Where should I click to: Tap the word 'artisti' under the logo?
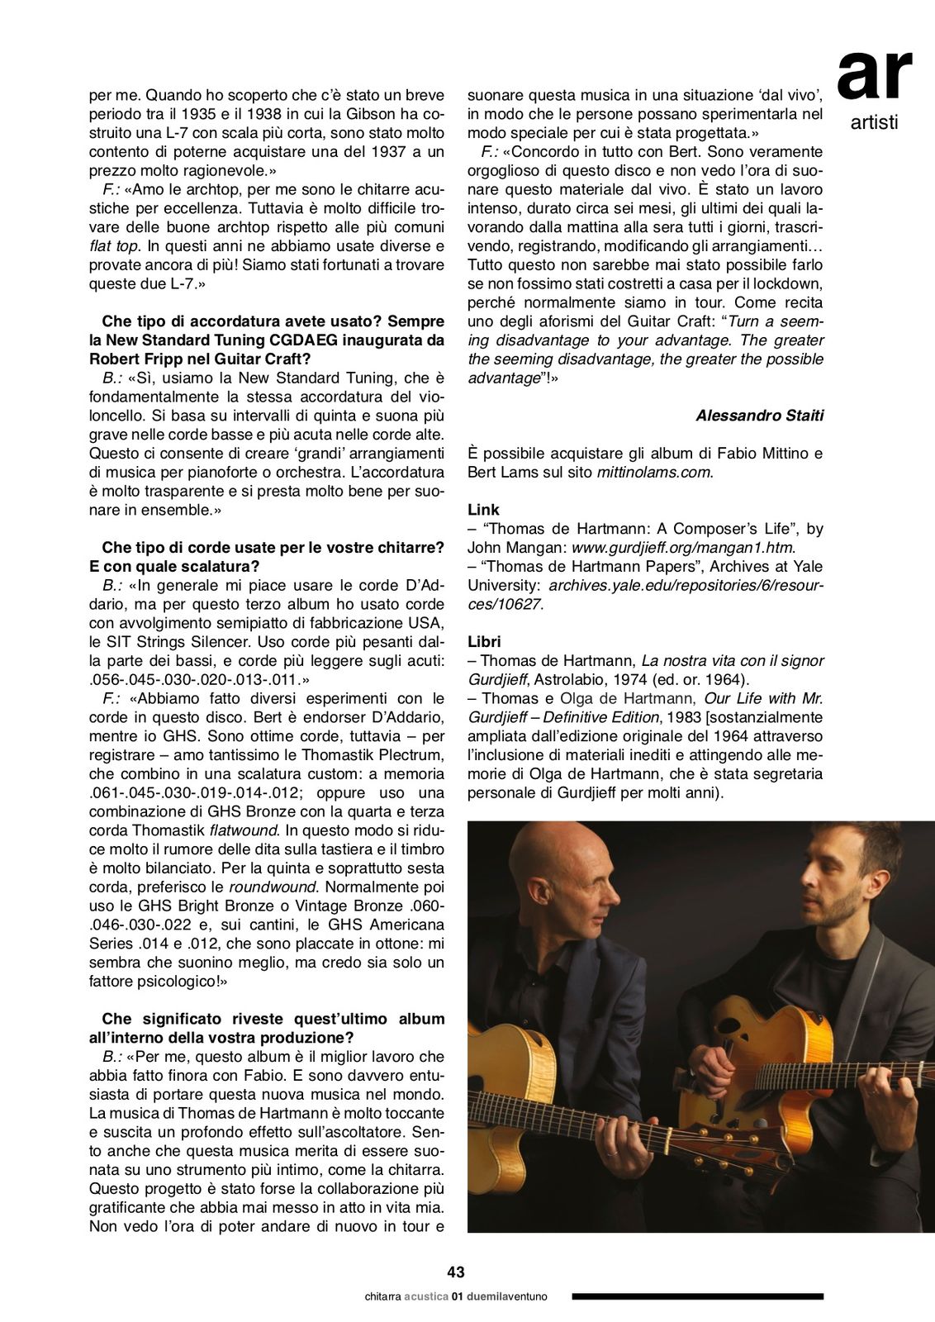(874, 123)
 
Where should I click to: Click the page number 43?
(456, 1272)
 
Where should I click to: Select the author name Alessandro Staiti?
(759, 416)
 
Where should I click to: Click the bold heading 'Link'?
(483, 510)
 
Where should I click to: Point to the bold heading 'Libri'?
(484, 641)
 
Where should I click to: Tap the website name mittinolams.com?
(653, 473)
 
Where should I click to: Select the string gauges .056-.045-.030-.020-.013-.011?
(198, 680)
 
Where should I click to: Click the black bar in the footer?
(698, 1296)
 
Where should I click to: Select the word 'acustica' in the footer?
(425, 1296)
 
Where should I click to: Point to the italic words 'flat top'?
(114, 246)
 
